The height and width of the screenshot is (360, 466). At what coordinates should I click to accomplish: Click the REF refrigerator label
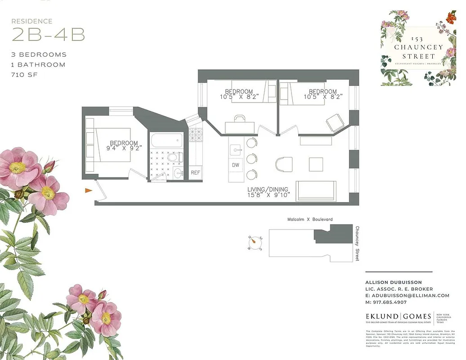195,173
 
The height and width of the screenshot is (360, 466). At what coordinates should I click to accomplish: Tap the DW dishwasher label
236,165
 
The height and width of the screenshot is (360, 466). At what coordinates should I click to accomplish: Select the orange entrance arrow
89,191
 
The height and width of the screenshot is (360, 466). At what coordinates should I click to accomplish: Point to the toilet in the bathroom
174,158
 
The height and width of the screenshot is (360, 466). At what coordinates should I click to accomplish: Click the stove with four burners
196,134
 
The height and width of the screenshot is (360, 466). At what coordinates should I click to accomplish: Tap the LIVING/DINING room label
268,189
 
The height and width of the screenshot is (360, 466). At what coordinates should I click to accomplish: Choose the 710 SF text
24,75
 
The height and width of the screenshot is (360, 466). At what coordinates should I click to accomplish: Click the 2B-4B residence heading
48,35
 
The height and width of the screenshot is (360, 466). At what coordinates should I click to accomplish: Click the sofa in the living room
316,191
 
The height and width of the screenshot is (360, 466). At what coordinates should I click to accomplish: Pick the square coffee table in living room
315,164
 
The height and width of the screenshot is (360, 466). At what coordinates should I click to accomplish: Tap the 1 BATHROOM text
38,65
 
